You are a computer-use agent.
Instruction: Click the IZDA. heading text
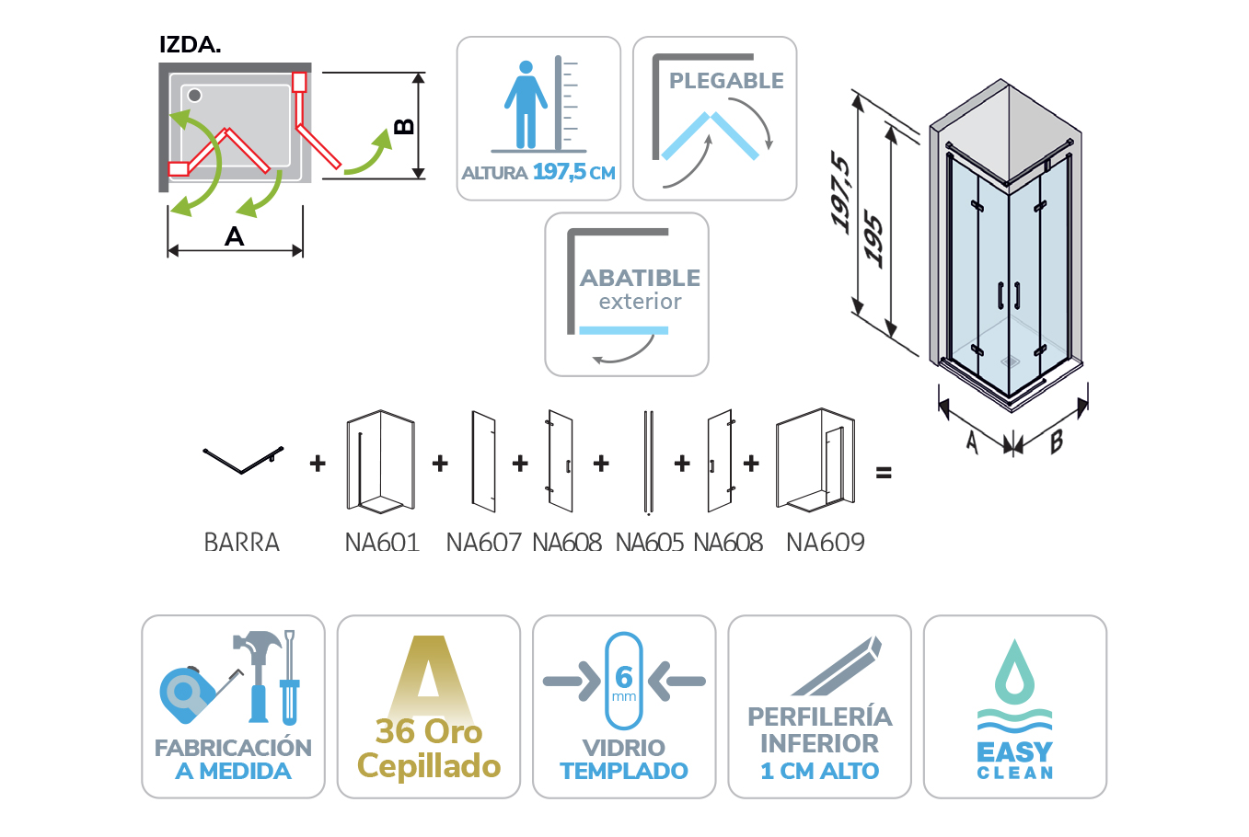[191, 44]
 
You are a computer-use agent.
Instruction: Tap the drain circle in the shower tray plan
[194, 96]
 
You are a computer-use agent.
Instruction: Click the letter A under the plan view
[234, 236]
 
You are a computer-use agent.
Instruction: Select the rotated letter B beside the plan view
[404, 127]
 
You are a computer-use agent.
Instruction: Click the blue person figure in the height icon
[526, 105]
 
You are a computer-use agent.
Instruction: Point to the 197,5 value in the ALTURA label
[560, 172]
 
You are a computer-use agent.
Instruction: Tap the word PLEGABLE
[726, 81]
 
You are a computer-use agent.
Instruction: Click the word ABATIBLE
[640, 278]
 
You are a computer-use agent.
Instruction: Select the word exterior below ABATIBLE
[640, 302]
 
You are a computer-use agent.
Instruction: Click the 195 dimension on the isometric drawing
[873, 238]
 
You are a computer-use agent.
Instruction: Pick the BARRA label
[241, 543]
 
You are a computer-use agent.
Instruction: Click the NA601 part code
[382, 543]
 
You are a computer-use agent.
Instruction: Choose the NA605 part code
[650, 543]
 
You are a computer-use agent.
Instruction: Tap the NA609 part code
[826, 543]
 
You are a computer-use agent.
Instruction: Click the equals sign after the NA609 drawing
[884, 473]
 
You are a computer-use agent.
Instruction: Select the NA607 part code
[483, 543]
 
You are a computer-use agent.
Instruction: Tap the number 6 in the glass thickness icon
[624, 677]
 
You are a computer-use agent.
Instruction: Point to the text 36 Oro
[429, 731]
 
